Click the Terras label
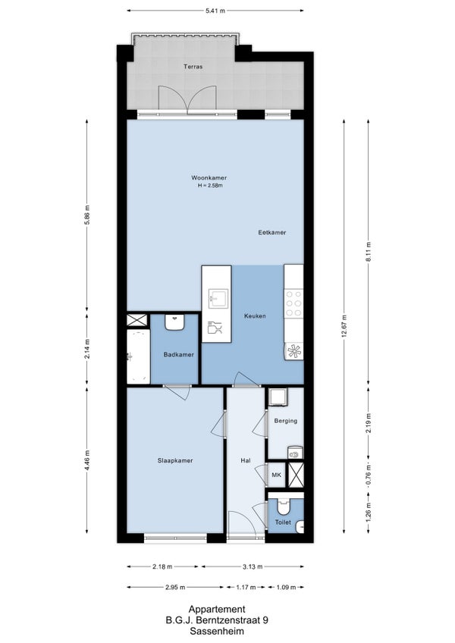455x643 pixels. click(193, 67)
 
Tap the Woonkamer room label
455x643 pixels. click(209, 178)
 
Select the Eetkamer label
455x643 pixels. click(272, 233)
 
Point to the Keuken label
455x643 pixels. click(255, 316)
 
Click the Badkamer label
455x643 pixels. click(178, 355)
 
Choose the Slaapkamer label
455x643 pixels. click(175, 461)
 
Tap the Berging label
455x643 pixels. click(286, 421)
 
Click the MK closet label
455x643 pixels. click(277, 475)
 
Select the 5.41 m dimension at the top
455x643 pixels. click(215, 11)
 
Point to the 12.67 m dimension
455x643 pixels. click(344, 325)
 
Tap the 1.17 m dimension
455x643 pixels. click(246, 587)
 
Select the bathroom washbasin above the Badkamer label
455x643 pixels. click(175, 322)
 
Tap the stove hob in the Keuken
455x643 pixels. click(293, 303)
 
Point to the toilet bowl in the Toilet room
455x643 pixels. click(283, 507)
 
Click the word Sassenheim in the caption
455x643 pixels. click(217, 632)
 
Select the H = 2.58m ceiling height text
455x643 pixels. click(210, 185)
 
